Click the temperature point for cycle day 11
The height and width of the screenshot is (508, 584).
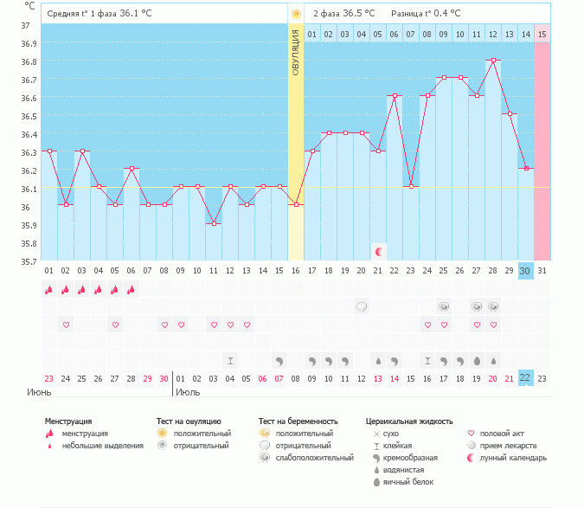214,223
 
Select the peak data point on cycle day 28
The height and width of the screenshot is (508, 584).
493,60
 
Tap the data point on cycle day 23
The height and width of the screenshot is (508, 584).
411,187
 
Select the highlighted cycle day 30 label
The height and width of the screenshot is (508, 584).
525,271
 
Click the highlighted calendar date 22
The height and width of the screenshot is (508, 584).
525,378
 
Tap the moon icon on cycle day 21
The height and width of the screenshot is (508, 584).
378,251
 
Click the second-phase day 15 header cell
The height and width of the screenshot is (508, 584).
542,34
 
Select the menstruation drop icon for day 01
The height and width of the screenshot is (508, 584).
49,290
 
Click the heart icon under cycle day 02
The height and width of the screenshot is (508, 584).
66,325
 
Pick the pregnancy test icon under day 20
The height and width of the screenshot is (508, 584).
362,306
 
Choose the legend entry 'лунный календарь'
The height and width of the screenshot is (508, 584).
513,458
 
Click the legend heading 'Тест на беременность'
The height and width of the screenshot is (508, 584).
296,421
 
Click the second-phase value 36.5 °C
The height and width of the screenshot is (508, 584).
357,14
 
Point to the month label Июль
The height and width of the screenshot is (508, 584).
188,391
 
